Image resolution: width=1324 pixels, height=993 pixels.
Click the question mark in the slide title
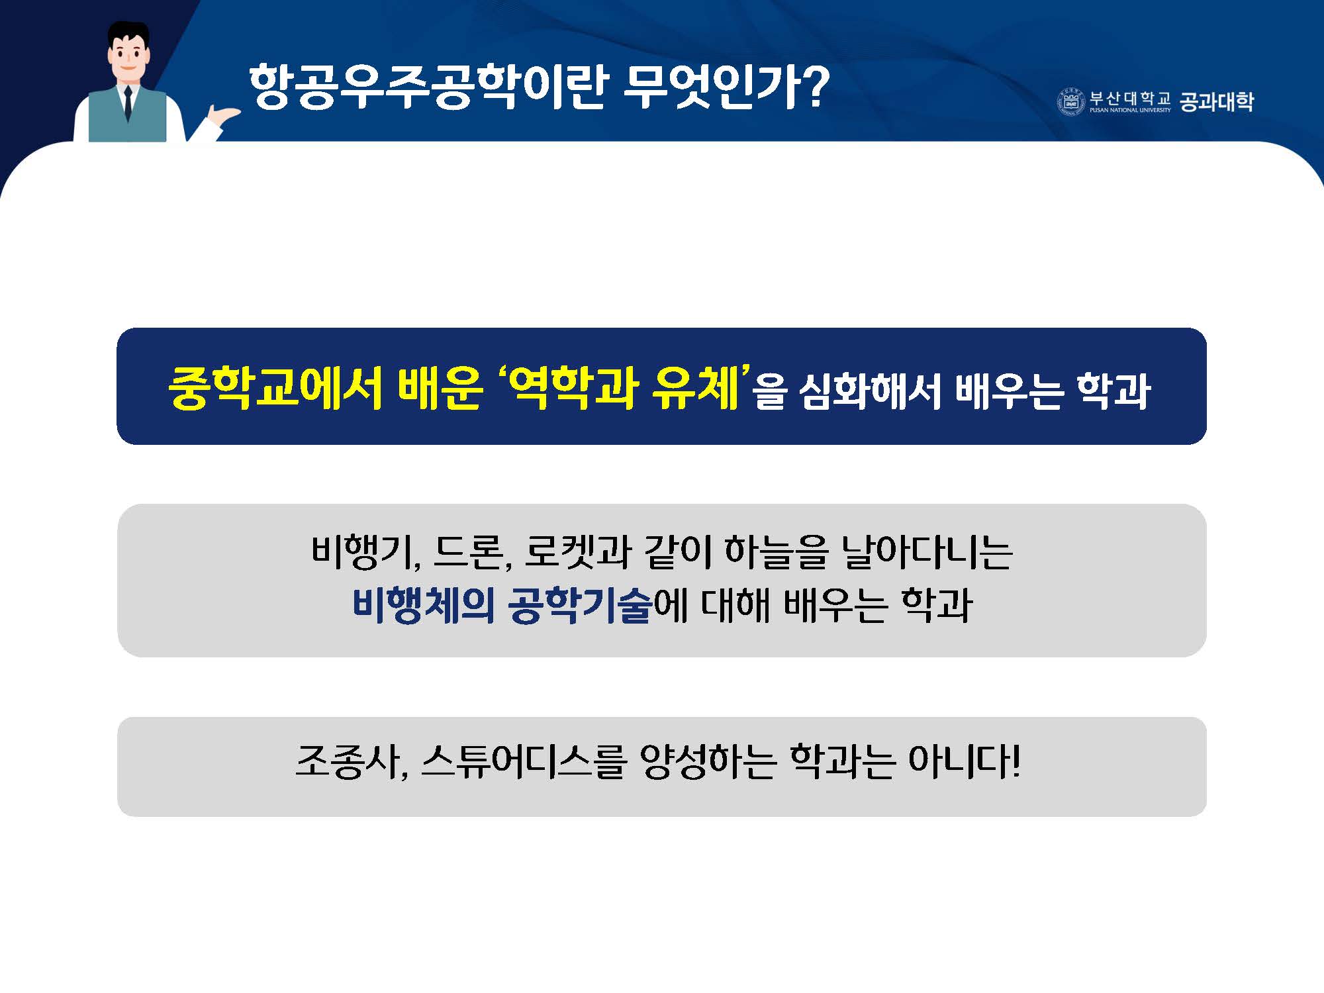pos(810,85)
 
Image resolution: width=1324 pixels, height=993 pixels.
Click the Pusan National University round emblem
pos(1070,102)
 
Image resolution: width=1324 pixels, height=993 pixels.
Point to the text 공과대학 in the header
pos(1217,102)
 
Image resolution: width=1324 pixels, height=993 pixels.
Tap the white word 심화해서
pos(871,391)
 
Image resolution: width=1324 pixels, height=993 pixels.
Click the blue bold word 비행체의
pos(423,605)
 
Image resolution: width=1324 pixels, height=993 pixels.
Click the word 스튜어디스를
pos(524,762)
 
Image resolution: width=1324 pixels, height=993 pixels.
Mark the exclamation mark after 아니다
pos(1015,761)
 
